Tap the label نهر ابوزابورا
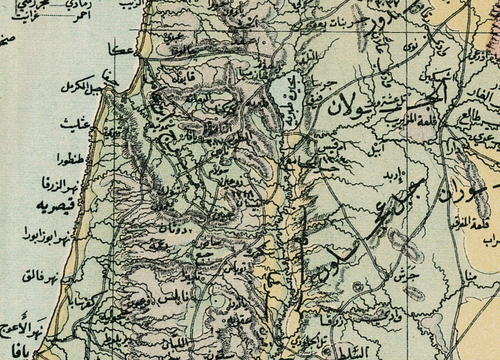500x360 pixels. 47,234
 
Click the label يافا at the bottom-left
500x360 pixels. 19,352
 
